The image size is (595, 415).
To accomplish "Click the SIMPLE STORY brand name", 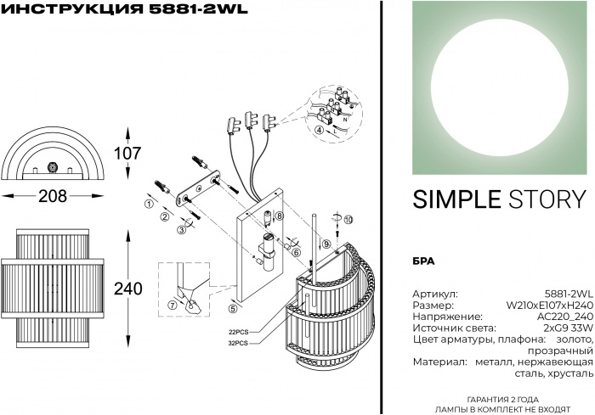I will coord(499,199).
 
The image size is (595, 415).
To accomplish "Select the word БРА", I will coord(424,261).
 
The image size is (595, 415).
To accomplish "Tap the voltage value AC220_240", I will coord(562,316).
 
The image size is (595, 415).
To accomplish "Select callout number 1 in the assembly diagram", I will coord(149,205).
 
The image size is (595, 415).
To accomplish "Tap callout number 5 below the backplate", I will coord(233,296).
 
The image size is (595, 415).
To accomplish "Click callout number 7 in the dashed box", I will coord(172,305).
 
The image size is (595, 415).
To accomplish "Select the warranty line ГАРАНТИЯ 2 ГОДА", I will coord(502,398).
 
